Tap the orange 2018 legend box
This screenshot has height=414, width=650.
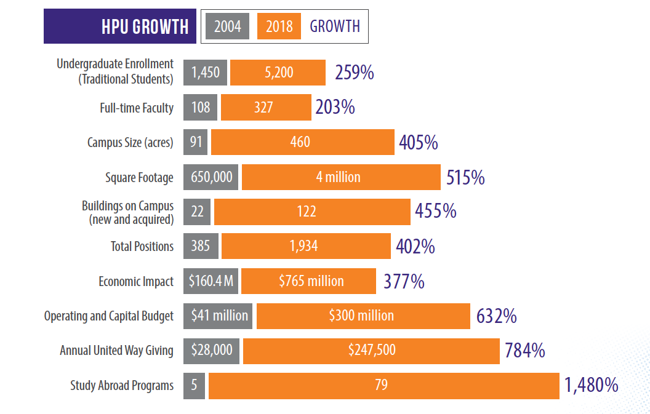click(x=279, y=26)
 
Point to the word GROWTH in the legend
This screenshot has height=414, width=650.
click(x=335, y=26)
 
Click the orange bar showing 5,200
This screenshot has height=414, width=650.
click(x=278, y=73)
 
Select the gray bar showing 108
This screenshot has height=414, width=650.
click(x=200, y=108)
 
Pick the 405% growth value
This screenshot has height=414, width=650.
click(x=418, y=143)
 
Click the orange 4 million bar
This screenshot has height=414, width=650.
click(x=340, y=177)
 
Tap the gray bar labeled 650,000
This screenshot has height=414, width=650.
click(x=211, y=177)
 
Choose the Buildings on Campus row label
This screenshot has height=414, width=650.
click(x=127, y=212)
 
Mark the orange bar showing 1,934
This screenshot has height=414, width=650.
click(x=305, y=246)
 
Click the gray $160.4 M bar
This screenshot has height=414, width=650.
click(x=211, y=281)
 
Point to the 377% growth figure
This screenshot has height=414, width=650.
click(x=404, y=282)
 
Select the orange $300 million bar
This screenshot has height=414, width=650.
click(x=363, y=316)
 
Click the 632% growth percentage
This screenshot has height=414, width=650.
click(x=496, y=316)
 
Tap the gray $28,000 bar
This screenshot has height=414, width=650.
click(x=212, y=351)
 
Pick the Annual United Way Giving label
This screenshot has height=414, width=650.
click(x=116, y=351)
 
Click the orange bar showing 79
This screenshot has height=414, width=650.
click(x=383, y=385)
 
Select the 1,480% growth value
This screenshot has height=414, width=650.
click(x=591, y=386)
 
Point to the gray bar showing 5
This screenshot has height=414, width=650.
click(x=194, y=385)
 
